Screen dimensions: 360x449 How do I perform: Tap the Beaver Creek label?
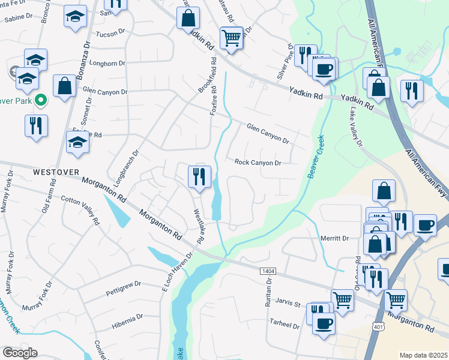(x=316, y=154)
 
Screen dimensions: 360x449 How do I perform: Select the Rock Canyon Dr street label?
(x=258, y=163)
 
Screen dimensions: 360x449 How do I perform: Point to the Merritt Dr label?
(x=334, y=238)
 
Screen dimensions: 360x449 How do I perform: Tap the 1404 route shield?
(x=268, y=272)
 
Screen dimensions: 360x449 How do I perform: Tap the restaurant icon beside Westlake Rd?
(x=198, y=176)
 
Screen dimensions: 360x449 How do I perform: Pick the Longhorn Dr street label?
(x=107, y=62)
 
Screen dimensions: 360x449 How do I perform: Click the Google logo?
(x=19, y=353)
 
